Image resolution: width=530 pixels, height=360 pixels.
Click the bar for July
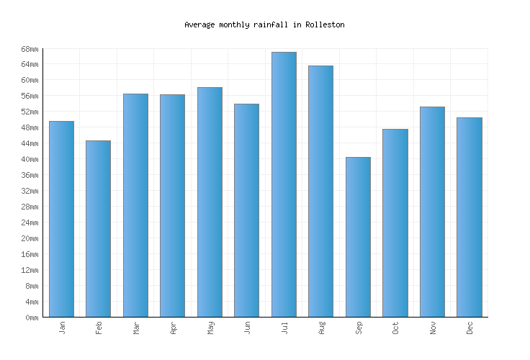coord(284,184)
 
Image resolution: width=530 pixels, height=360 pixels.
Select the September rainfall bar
coord(358,237)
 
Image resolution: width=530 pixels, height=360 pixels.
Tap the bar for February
coord(98,228)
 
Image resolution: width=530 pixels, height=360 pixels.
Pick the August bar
coord(320,191)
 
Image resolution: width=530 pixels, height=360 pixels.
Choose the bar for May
coord(210,202)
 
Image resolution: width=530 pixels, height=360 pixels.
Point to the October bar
coord(395,222)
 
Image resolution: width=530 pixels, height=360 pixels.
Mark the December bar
coord(469,217)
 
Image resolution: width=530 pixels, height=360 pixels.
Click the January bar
coord(61,219)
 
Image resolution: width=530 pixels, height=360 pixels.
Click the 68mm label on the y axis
coord(30,49)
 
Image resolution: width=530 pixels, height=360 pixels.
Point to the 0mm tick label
coord(32,318)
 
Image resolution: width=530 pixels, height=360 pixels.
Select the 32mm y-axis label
coord(30,191)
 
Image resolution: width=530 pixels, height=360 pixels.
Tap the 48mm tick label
coord(30,128)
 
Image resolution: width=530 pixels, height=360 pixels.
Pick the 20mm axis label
coord(30,238)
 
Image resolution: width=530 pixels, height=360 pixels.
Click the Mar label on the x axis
coord(136,328)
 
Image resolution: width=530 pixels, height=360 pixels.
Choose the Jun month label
coord(247,328)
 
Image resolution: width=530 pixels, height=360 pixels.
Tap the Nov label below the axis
coord(433,328)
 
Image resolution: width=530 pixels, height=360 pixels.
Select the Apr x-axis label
coord(173,328)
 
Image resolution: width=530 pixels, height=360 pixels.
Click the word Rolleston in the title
coord(325,24)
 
